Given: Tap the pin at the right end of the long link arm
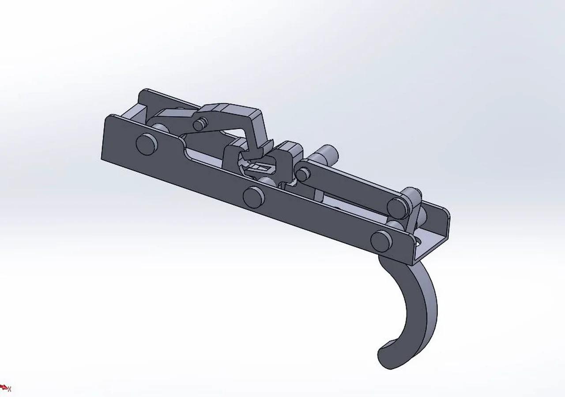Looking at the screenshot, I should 396,207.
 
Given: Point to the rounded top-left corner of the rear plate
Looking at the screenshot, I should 143,94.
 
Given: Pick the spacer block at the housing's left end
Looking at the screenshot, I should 135,113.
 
